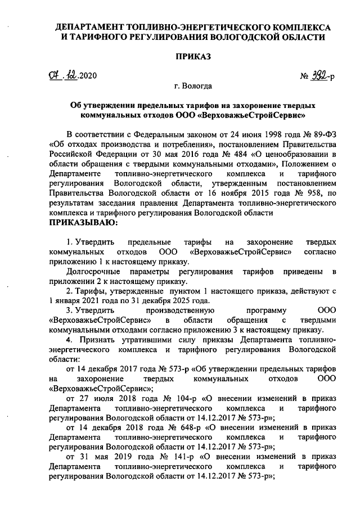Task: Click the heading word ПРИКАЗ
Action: (193, 57)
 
